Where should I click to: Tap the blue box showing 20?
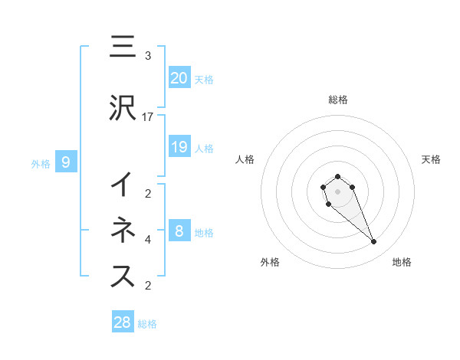click(x=179, y=77)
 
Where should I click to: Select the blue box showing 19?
click(x=179, y=146)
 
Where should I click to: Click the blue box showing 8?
click(x=179, y=231)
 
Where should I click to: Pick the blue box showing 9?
click(x=66, y=162)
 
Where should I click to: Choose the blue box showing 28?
click(x=123, y=322)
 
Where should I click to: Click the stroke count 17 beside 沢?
click(x=148, y=117)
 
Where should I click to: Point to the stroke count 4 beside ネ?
click(x=148, y=240)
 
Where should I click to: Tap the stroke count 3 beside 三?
click(x=148, y=56)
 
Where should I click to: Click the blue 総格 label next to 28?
click(x=147, y=324)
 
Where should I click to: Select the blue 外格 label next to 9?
click(x=41, y=163)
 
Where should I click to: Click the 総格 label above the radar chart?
click(x=337, y=100)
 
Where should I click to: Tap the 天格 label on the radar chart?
click(x=432, y=159)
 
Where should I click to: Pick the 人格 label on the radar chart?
click(x=245, y=159)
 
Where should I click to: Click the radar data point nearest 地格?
click(x=374, y=242)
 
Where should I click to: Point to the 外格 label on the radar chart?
click(x=270, y=262)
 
